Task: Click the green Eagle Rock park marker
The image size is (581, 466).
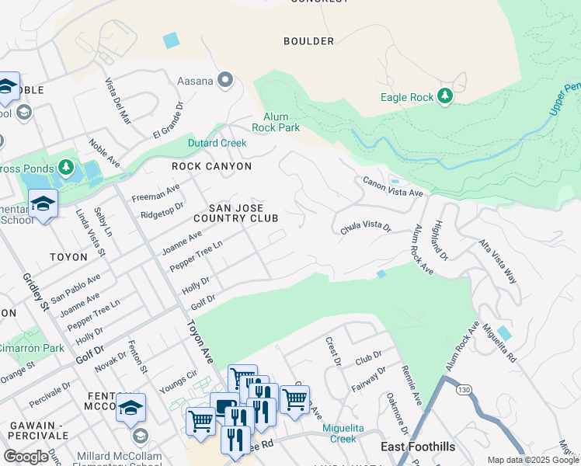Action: point(445,96)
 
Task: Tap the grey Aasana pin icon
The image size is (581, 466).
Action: point(225,79)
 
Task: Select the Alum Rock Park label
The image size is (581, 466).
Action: point(277,121)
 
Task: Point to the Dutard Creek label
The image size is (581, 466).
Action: point(217,143)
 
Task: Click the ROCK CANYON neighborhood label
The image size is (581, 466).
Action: point(212,166)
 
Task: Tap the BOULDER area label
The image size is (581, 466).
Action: point(308,41)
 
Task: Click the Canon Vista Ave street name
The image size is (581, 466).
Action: point(392,186)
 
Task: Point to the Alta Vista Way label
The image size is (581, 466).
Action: point(498,261)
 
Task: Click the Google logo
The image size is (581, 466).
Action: point(26,456)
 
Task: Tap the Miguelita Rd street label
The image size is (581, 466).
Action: point(498,343)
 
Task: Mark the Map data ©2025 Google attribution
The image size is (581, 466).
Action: point(533,460)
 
